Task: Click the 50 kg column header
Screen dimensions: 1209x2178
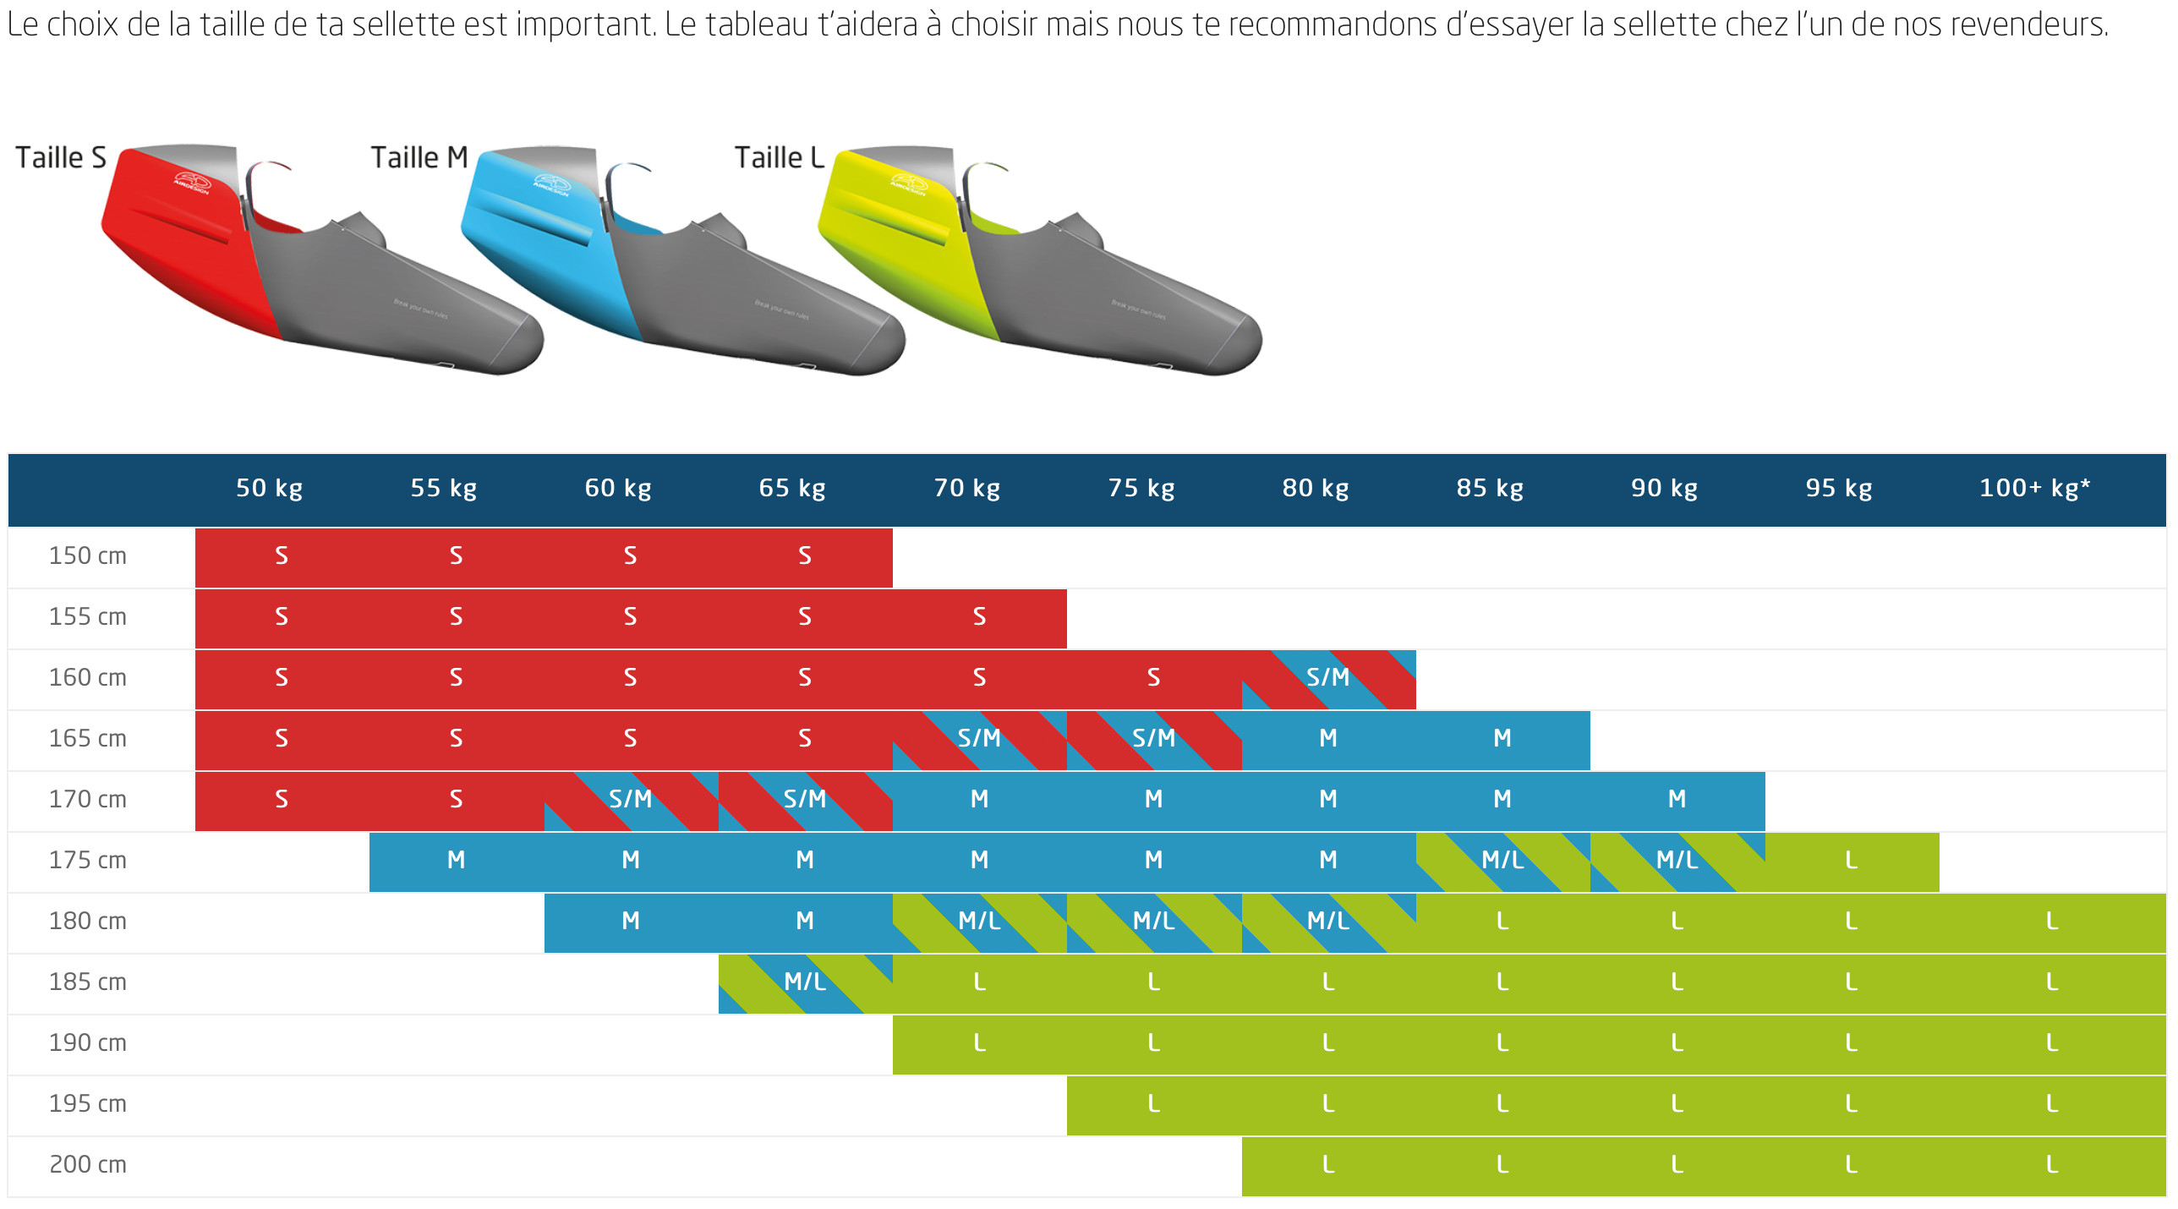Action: pos(269,489)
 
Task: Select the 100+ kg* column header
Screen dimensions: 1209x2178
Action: pos(2034,489)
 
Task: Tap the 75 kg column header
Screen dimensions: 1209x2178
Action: pos(1141,489)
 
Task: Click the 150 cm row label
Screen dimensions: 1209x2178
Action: pos(88,556)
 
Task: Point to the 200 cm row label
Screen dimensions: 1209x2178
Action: pos(88,1165)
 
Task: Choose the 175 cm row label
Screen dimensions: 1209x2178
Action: pos(88,861)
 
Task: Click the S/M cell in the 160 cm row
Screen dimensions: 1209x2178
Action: pos(1327,678)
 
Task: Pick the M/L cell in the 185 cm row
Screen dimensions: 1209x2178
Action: pos(805,982)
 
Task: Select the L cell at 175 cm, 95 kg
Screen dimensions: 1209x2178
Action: pos(1852,861)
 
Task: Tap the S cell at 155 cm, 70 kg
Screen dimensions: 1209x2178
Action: pos(979,617)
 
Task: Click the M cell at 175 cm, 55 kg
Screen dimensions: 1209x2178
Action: pos(456,861)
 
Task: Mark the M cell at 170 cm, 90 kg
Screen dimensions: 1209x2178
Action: pos(1677,800)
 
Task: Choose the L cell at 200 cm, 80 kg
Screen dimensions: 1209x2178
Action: pos(1327,1165)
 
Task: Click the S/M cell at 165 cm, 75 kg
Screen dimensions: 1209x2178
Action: pos(1153,739)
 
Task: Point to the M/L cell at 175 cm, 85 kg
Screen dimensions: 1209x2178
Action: pos(1502,861)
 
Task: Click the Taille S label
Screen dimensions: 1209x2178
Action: pos(61,158)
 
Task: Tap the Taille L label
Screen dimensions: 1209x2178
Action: pos(779,158)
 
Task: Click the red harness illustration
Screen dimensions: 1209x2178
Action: pos(321,262)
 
